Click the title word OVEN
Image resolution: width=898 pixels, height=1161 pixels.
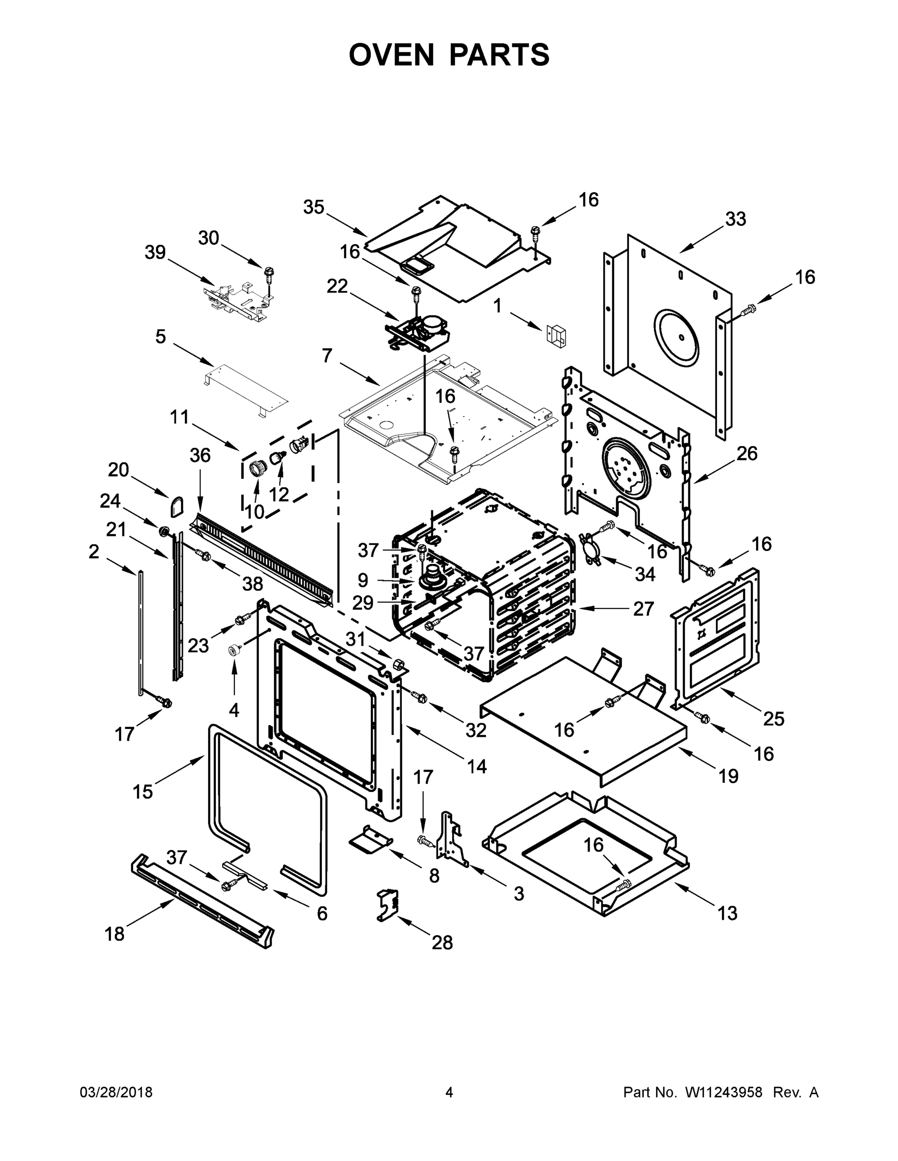[x=392, y=55]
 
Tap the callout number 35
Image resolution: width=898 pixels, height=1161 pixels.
[x=314, y=208]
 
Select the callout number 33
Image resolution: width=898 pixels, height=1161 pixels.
[x=736, y=219]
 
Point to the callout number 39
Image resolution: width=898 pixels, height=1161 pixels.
[x=155, y=252]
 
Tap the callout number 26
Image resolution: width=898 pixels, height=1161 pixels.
[x=747, y=453]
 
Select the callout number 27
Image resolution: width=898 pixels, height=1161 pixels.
[x=643, y=609]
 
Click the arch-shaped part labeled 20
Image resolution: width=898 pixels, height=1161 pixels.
[x=177, y=506]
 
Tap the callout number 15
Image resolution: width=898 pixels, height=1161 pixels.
[x=143, y=791]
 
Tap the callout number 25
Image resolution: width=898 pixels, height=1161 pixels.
[x=774, y=719]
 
